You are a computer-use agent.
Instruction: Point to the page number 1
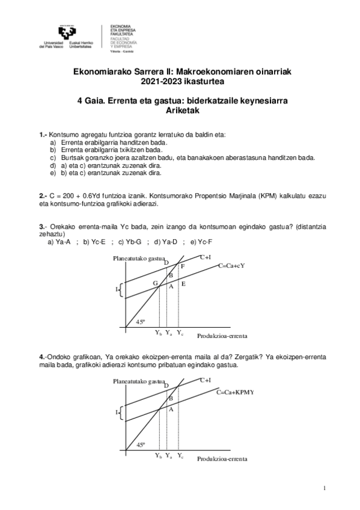click(325, 488)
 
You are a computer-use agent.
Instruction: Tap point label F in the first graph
click(183, 266)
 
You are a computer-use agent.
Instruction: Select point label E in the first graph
click(183, 283)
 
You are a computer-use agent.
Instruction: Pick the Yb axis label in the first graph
click(158, 333)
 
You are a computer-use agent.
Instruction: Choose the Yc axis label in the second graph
click(180, 456)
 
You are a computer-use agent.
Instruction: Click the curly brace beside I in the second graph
click(122, 413)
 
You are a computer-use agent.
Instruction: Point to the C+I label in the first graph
click(205, 257)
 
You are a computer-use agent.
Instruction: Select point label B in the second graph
click(171, 398)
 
